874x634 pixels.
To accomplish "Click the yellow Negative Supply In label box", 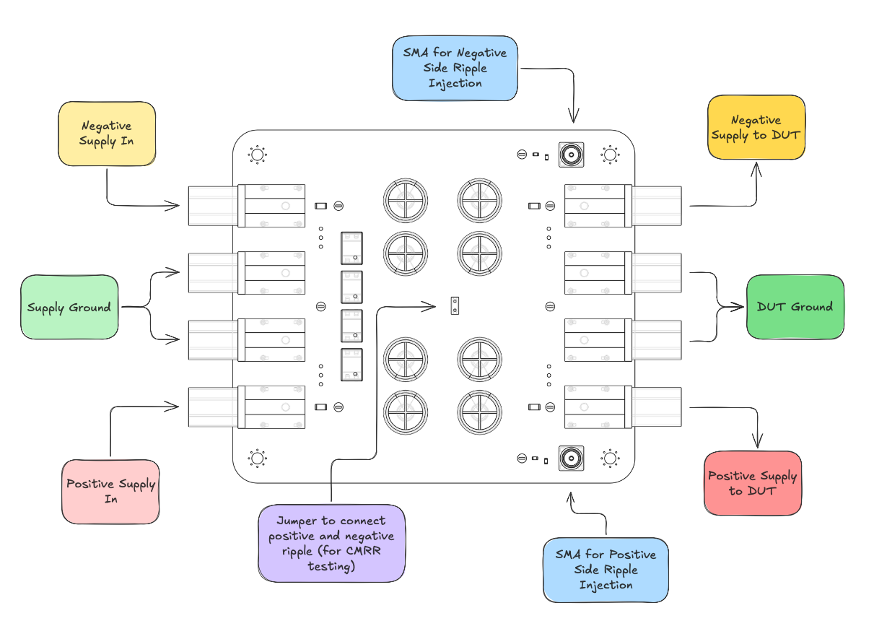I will (107, 134).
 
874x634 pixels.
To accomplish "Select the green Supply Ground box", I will (69, 307).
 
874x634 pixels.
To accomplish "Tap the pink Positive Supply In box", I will (110, 491).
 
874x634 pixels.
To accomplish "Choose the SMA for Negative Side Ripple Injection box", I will (455, 68).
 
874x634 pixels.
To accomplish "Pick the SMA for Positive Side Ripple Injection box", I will (606, 569).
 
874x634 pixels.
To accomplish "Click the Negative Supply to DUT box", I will (756, 127).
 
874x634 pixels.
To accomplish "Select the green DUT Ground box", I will (795, 307).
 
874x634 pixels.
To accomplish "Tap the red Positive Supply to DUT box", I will (752, 483).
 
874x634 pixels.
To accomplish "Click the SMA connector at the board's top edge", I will (572, 155).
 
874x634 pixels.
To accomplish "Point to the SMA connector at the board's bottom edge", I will (572, 458).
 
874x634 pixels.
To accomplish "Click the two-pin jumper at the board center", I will (455, 305).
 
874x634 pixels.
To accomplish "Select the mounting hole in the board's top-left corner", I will (257, 155).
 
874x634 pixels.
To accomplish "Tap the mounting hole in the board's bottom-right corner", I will (610, 458).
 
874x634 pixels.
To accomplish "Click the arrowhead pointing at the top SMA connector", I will (574, 117).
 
